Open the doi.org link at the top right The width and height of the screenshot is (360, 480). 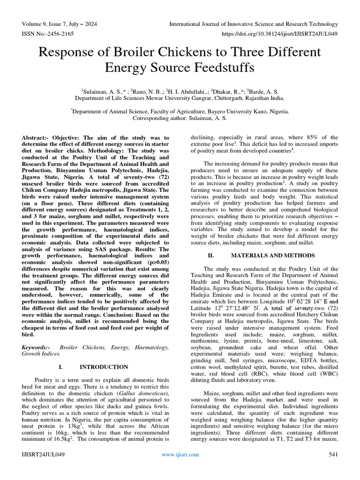click(277, 34)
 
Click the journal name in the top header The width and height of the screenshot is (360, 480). click(253, 24)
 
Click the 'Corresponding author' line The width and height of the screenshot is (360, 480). click(180, 119)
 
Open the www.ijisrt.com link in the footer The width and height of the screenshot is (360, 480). click(180, 454)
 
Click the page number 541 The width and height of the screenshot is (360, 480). click(333, 454)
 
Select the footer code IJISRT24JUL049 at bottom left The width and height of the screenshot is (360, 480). click(44, 454)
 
